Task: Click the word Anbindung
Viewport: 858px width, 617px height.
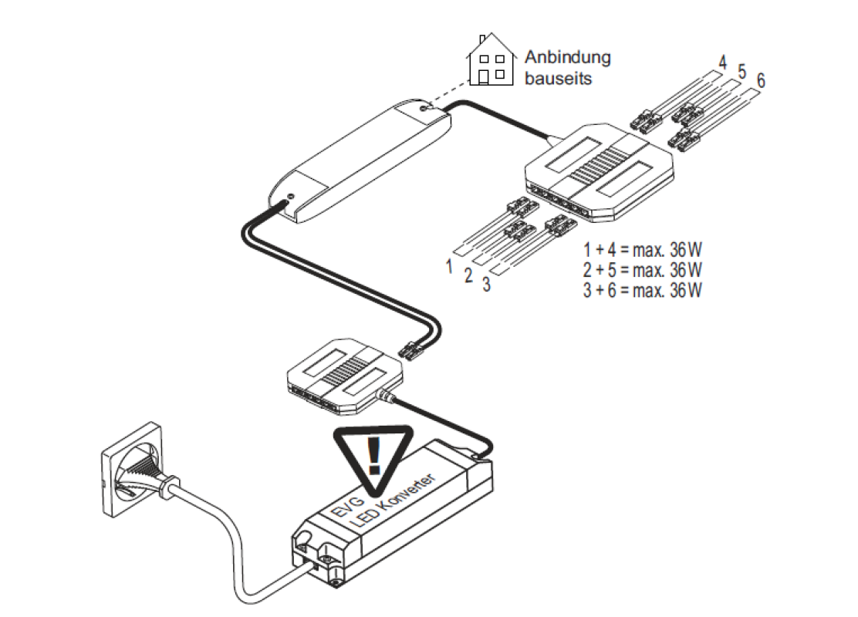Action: pyautogui.click(x=567, y=57)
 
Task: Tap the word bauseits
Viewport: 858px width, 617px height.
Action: pyautogui.click(x=558, y=78)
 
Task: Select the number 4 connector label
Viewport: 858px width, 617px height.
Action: pyautogui.click(x=722, y=61)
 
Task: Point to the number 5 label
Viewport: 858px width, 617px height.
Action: pyautogui.click(x=742, y=71)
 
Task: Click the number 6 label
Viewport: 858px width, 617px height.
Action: pyautogui.click(x=761, y=80)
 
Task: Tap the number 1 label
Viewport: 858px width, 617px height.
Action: pyautogui.click(x=448, y=266)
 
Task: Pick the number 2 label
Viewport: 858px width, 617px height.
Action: pyautogui.click(x=468, y=275)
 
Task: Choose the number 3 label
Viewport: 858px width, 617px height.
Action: pyautogui.click(x=486, y=285)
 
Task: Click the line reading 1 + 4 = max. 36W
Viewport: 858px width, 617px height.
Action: pyautogui.click(x=643, y=251)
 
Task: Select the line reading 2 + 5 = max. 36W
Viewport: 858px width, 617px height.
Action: pyautogui.click(x=643, y=271)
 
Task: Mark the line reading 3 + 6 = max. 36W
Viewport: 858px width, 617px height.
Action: pyautogui.click(x=643, y=290)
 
